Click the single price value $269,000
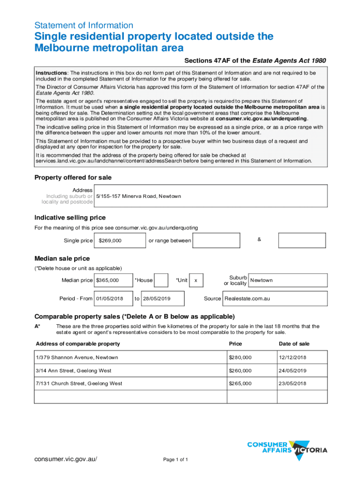(x=110, y=240)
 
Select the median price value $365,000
(x=107, y=280)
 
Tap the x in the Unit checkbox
(x=196, y=281)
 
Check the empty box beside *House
(x=161, y=280)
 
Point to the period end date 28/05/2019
(x=156, y=298)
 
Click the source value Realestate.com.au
(x=247, y=298)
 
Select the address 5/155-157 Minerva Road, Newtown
(x=138, y=196)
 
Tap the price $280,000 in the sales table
(x=240, y=357)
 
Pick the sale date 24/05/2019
(x=293, y=370)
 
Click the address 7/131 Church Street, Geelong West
(x=79, y=384)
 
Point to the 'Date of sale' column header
(x=294, y=344)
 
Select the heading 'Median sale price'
(x=62, y=259)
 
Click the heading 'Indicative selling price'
(x=70, y=218)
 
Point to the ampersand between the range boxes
(x=259, y=239)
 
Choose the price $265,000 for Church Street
(x=240, y=384)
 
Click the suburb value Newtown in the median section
(x=261, y=280)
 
